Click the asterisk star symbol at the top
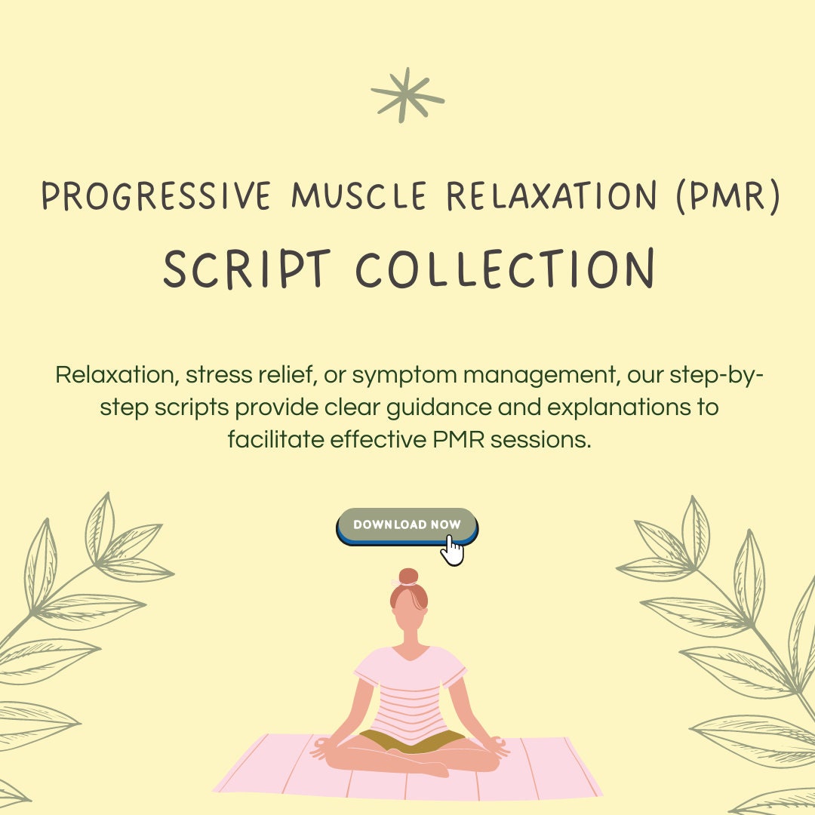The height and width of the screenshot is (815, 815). point(407,95)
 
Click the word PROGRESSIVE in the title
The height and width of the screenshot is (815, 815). point(156,197)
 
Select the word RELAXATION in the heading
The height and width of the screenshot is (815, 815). point(552,197)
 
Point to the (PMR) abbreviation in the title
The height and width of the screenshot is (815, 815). point(725,197)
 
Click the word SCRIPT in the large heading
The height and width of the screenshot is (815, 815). point(247,270)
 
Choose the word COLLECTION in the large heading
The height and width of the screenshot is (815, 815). point(504,270)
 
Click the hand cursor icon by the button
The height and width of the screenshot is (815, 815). point(452,550)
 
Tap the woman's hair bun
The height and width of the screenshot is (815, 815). point(408,577)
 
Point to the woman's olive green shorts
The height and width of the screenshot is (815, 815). point(411,740)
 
